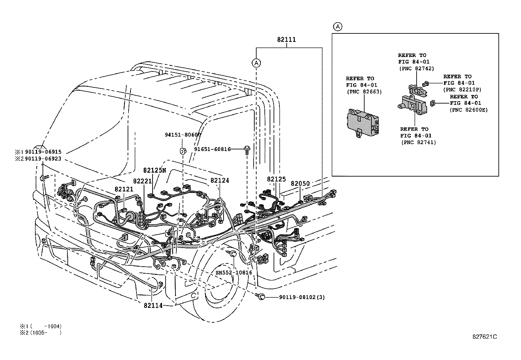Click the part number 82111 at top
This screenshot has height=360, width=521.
[286, 40]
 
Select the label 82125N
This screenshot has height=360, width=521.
[154, 170]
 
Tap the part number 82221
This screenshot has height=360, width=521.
[142, 181]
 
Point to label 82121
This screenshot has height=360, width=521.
[124, 189]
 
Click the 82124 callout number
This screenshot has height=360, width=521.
[220, 180]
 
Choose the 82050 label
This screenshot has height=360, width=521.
[300, 184]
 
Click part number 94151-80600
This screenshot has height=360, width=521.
[183, 135]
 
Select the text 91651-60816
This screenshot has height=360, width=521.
[212, 149]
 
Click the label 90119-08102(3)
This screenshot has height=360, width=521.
[302, 297]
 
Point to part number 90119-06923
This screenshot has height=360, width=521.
[43, 159]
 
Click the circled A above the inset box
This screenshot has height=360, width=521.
[338, 27]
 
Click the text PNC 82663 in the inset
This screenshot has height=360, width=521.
[364, 92]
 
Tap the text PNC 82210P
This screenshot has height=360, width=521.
[462, 89]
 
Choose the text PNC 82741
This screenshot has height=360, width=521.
[418, 142]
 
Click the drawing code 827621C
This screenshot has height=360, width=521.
[485, 337]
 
